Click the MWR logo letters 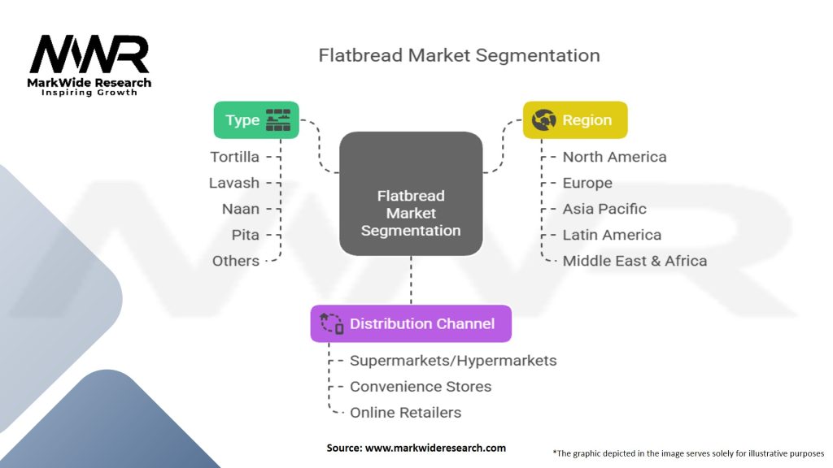tap(89, 54)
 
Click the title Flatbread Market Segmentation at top tap(459, 55)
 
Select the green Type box tap(256, 120)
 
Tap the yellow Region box tap(575, 120)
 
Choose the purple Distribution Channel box tap(411, 323)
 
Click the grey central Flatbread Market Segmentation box tap(411, 193)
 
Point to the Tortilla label tap(235, 157)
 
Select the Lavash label tap(234, 183)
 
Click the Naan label tap(241, 209)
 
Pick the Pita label tap(246, 235)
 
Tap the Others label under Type tap(236, 261)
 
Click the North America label tap(615, 157)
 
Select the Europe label tap(587, 183)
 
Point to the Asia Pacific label tap(604, 209)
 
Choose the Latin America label tap(612, 235)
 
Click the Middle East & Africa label tap(635, 261)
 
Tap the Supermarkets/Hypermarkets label tap(453, 361)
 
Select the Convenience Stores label tap(421, 387)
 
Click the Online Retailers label tap(405, 413)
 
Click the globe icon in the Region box tap(543, 120)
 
